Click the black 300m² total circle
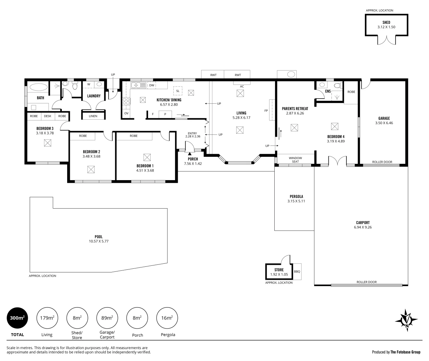point(17,318)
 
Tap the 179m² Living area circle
point(47,318)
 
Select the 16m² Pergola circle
point(167,318)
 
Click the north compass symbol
point(407,320)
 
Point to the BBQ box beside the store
point(297,271)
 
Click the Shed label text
point(386,22)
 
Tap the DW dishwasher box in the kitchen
point(152,85)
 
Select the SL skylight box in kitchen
point(178,91)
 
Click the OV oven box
point(126,113)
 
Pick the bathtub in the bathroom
point(39,87)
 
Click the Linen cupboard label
point(93,116)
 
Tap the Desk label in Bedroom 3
point(48,116)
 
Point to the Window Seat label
point(295,160)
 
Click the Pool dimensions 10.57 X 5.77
point(99,241)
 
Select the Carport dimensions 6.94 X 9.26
point(363,227)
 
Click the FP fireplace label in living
point(266,110)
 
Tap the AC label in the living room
point(242,86)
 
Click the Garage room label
point(384,118)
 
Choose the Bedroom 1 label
point(145,166)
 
